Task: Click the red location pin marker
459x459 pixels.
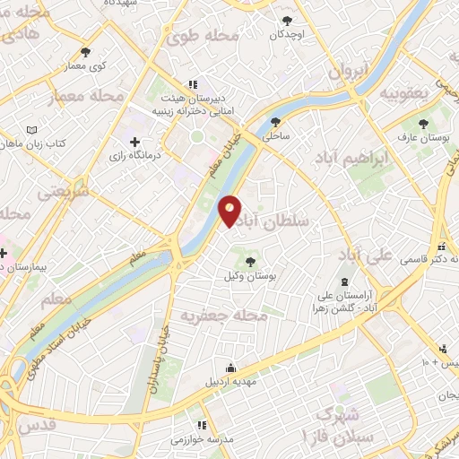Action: (x=229, y=210)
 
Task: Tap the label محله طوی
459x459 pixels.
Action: (x=203, y=37)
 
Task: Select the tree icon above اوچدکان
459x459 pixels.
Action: (x=287, y=21)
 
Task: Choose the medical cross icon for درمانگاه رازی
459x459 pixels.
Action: (x=135, y=142)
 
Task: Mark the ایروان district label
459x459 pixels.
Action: (x=347, y=68)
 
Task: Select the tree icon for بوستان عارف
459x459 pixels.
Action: (x=422, y=124)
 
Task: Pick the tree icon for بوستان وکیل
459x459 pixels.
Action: (x=250, y=263)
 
